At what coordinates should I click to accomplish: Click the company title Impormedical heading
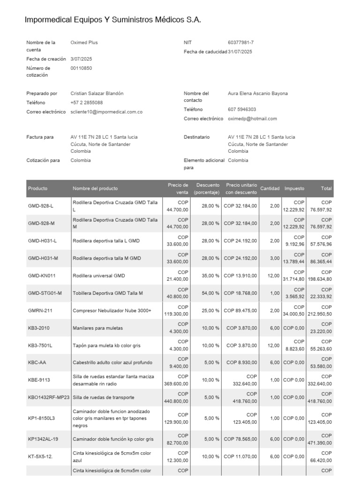click(112, 20)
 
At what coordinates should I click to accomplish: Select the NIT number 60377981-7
click(240, 43)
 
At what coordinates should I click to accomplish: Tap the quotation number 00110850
click(81, 68)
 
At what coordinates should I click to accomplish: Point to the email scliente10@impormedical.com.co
click(106, 112)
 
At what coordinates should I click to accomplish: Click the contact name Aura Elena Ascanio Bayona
click(258, 94)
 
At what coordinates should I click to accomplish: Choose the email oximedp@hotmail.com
click(252, 119)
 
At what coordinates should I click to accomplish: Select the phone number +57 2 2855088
click(87, 103)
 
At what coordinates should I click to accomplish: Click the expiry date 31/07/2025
click(240, 52)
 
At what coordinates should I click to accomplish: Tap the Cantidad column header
click(270, 188)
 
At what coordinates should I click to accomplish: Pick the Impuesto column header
click(294, 188)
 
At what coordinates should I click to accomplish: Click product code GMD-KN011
click(42, 276)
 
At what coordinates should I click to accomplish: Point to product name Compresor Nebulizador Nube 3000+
click(112, 311)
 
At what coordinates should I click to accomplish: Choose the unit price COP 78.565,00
click(240, 439)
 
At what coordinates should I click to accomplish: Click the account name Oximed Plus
click(84, 43)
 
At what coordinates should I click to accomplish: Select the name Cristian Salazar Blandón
click(97, 94)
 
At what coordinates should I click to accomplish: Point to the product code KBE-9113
click(40, 380)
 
